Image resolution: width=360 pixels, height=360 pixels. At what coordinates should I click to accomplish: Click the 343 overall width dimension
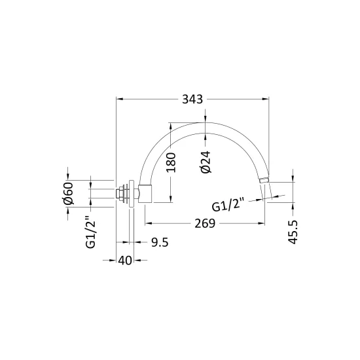point(192,99)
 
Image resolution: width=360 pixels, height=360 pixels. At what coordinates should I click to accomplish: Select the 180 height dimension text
point(171,162)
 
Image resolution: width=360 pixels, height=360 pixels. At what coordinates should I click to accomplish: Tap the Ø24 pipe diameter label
point(206,162)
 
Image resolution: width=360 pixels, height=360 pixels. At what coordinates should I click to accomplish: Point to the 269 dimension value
point(205,223)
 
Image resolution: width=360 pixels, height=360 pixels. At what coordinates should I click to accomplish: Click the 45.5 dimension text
point(293,232)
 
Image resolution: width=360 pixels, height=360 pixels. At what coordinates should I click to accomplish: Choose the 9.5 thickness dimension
point(160,242)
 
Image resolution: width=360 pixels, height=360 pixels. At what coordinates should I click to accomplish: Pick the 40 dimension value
point(125,261)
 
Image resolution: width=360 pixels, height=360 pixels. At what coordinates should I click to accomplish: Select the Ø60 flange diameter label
point(68,193)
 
